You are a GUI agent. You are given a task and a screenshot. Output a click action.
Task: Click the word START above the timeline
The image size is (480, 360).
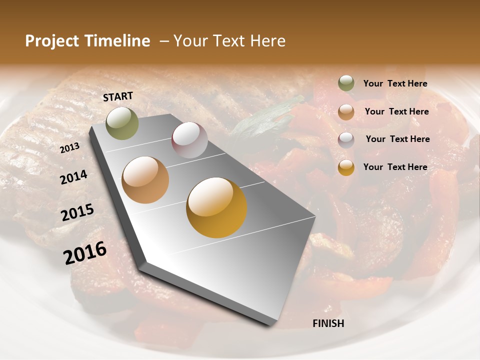pyautogui.click(x=118, y=96)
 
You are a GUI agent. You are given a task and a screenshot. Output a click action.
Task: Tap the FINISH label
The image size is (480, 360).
pyautogui.click(x=328, y=323)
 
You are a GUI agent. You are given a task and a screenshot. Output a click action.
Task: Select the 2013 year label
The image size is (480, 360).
pyautogui.click(x=69, y=147)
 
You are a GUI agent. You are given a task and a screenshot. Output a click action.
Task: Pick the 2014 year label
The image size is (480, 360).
pyautogui.click(x=73, y=177)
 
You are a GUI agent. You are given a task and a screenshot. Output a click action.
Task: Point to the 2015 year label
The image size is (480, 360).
pyautogui.click(x=77, y=212)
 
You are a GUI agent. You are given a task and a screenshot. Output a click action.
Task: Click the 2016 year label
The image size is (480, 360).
pyautogui.click(x=84, y=252)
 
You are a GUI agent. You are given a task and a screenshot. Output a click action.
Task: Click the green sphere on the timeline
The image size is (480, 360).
pyautogui.click(x=122, y=123)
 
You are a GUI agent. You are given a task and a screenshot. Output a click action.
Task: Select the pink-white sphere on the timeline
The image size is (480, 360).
pyautogui.click(x=189, y=139)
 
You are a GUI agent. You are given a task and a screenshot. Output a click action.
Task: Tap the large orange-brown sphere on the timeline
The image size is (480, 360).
pyautogui.click(x=145, y=180)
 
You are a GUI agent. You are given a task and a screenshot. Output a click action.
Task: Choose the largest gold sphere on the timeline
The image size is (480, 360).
pyautogui.click(x=216, y=207)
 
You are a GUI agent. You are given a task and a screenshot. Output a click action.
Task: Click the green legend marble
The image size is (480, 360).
pyautogui.click(x=346, y=83)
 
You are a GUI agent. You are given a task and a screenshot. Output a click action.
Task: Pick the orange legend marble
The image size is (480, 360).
pyautogui.click(x=346, y=111)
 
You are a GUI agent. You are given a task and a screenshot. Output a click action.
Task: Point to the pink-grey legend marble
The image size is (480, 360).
pyautogui.click(x=346, y=139)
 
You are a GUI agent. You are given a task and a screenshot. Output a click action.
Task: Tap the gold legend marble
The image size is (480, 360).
pyautogui.click(x=346, y=167)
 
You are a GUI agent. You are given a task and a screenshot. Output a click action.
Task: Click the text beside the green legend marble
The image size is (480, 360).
pyautogui.click(x=395, y=84)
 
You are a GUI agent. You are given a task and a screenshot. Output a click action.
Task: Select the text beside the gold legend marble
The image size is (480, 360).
pyautogui.click(x=395, y=167)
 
